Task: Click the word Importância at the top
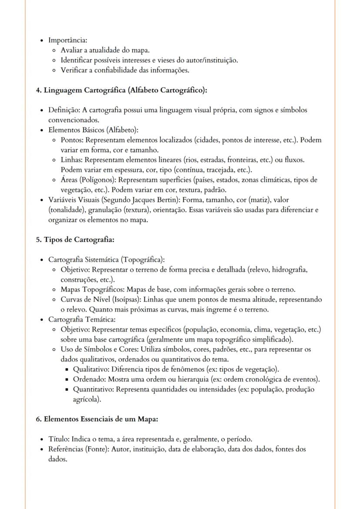[x=67, y=40]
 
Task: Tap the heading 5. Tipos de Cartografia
[x=75, y=240]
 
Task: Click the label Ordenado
[x=87, y=379]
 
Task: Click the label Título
[x=58, y=439]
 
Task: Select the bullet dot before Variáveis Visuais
[x=41, y=200]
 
